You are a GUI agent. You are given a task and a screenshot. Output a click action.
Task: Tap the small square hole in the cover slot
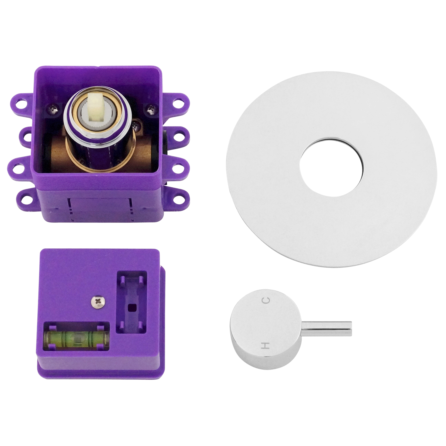tap(130, 308)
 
